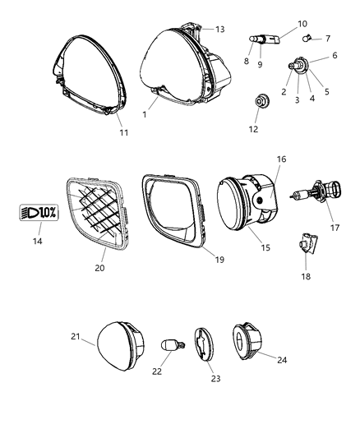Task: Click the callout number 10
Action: (x=279, y=24)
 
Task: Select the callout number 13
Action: (x=219, y=29)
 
